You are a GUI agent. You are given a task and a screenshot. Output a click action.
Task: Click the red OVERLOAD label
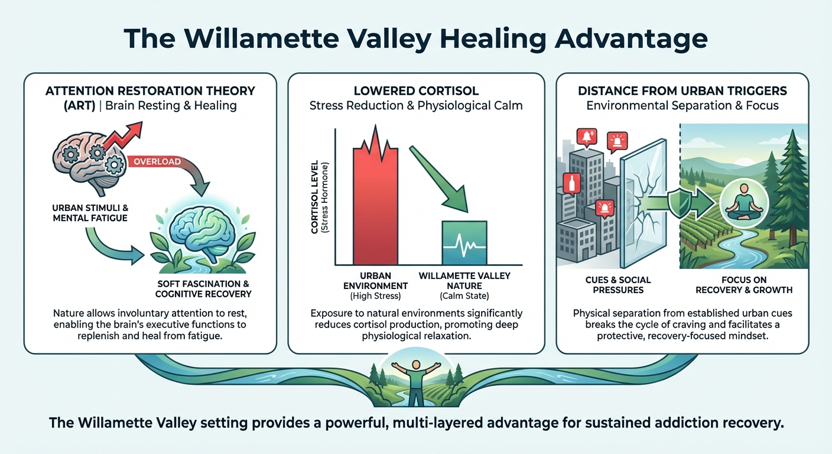157,161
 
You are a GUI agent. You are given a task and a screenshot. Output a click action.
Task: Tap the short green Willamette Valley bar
464,242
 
